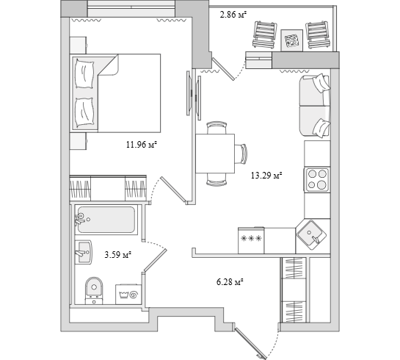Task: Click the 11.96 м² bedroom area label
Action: coord(141,145)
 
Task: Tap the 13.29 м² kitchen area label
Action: coord(266,176)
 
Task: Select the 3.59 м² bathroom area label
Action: coord(117,254)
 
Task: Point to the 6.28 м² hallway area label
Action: coord(229,282)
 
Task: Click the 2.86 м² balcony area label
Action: coord(233,15)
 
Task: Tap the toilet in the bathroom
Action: coord(94,290)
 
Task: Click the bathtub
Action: coord(106,220)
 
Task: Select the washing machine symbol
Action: coord(128,295)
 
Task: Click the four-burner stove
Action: coord(317,179)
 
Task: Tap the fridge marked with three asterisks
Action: coord(251,240)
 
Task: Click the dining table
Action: coord(215,154)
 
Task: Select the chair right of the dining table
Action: coord(241,154)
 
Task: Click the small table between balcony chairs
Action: coord(292,40)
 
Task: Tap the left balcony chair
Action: coord(265,35)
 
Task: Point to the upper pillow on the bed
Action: coord(84,74)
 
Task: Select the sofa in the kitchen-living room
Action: coord(315,107)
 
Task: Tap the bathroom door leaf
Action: coord(155,260)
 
